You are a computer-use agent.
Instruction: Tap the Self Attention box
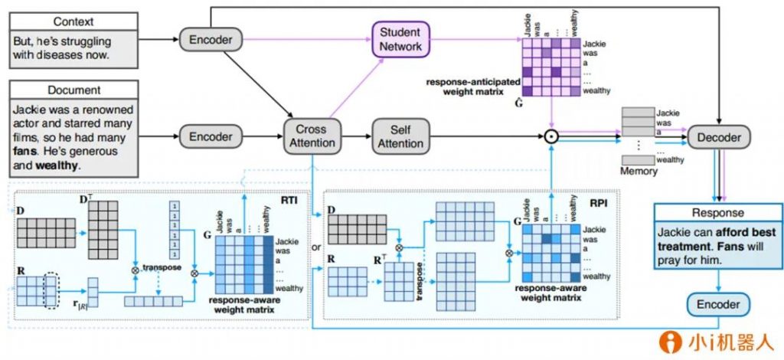pyautogui.click(x=400, y=136)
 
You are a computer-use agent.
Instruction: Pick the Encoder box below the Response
pyautogui.click(x=717, y=305)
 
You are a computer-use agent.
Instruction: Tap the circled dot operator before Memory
pyautogui.click(x=550, y=138)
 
